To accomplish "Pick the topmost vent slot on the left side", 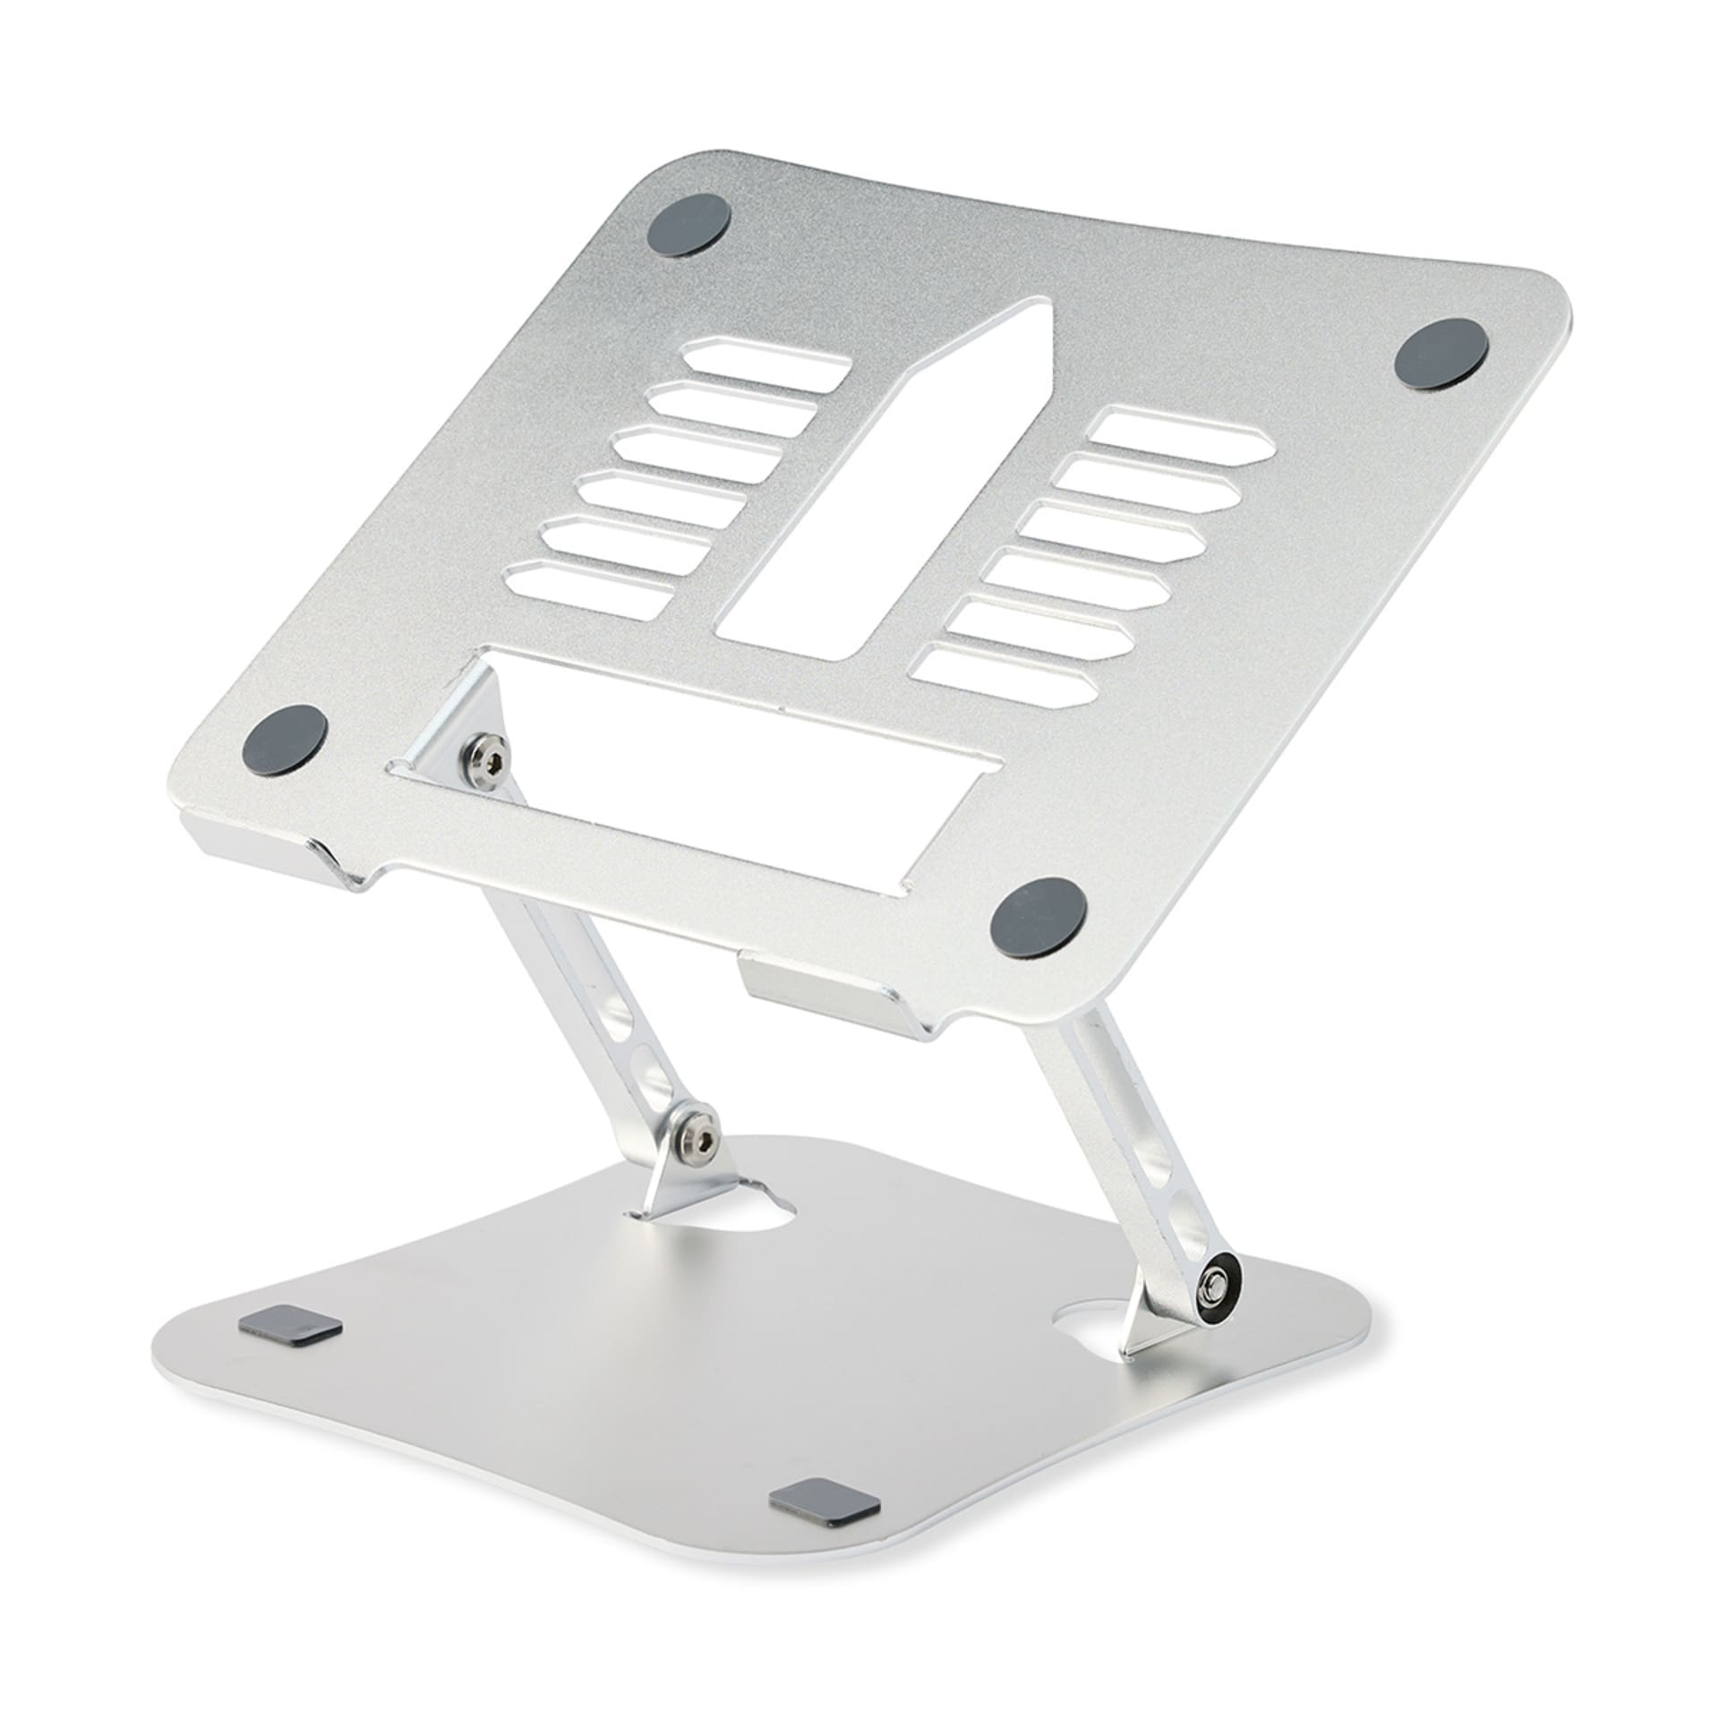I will [765, 358].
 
